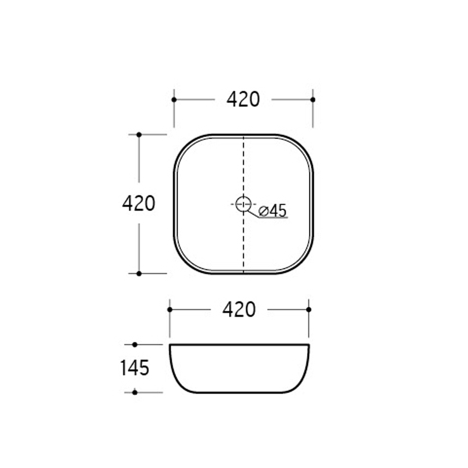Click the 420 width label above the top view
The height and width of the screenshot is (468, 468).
(x=243, y=99)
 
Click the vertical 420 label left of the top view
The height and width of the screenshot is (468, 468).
(x=138, y=204)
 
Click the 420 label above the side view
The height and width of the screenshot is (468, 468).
(x=239, y=310)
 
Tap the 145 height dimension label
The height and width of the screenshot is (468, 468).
(x=135, y=367)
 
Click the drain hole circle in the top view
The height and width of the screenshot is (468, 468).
(x=243, y=204)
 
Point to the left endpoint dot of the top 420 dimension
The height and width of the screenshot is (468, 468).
(x=174, y=99)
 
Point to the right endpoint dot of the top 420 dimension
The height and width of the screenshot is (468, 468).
(x=313, y=99)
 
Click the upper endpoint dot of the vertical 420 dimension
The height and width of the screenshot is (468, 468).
(x=139, y=134)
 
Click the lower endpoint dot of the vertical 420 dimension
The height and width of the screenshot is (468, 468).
(x=139, y=273)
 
